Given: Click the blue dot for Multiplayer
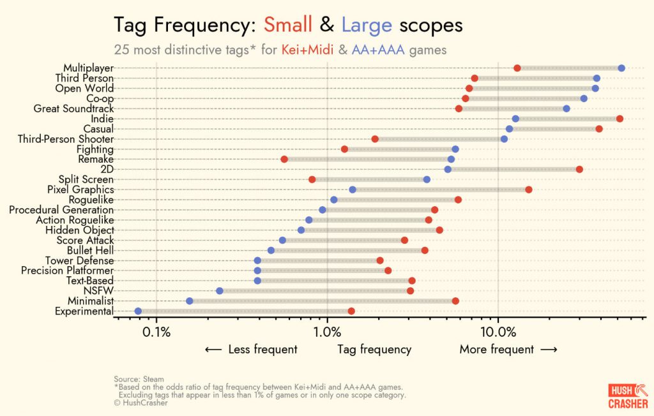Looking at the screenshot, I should click(x=621, y=68).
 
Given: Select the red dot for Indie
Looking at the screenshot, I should click(x=620, y=119).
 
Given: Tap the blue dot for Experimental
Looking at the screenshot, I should click(x=139, y=311).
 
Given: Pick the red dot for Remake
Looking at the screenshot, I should click(x=284, y=160).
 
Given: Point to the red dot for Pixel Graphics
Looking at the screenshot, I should click(x=529, y=189).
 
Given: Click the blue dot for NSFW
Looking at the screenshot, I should click(x=220, y=291).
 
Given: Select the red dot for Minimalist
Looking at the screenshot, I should click(x=455, y=301).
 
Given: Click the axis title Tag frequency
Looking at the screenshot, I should click(x=374, y=350).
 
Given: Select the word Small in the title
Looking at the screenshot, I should click(x=288, y=25).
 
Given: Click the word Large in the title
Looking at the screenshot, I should click(x=367, y=25).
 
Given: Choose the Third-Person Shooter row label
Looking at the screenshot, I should click(x=66, y=139).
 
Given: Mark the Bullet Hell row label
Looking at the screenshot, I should click(x=90, y=251).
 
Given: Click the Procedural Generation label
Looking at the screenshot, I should click(x=61, y=210).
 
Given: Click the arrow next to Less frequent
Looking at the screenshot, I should click(x=213, y=350).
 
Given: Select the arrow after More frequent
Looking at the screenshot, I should click(x=549, y=350).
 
